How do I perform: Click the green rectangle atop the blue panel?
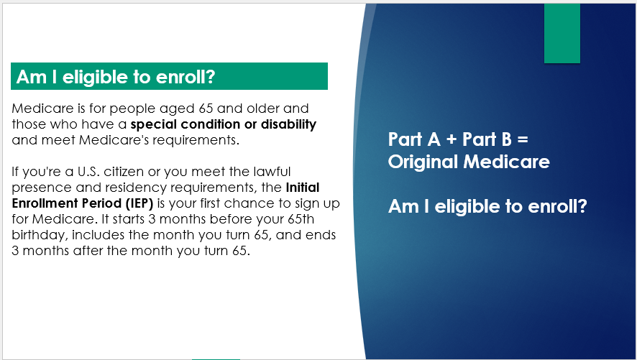point(562,33)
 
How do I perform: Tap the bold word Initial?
point(303,188)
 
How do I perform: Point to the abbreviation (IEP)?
point(139,203)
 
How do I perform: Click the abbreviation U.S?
point(88,172)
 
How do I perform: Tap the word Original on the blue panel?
point(423,162)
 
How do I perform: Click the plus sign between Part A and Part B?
point(452,139)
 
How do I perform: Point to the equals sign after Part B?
point(523,139)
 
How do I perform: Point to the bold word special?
point(154,124)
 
